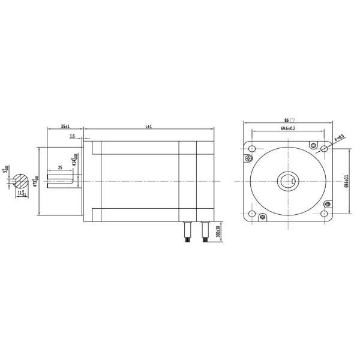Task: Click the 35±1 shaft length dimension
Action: (x=65, y=127)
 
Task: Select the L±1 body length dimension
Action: (x=148, y=127)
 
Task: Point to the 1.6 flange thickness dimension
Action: (x=73, y=137)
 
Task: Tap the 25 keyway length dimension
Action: (x=60, y=168)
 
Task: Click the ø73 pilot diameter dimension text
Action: (x=36, y=181)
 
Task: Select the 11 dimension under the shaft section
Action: (x=21, y=193)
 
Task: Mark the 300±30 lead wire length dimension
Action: (x=218, y=232)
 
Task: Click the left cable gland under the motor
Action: (x=187, y=230)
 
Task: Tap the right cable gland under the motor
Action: (x=205, y=230)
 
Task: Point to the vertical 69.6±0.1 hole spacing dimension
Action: (x=346, y=181)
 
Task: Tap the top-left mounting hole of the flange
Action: (x=252, y=149)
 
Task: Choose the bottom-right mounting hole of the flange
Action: (x=325, y=214)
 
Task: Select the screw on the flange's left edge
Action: (x=248, y=158)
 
